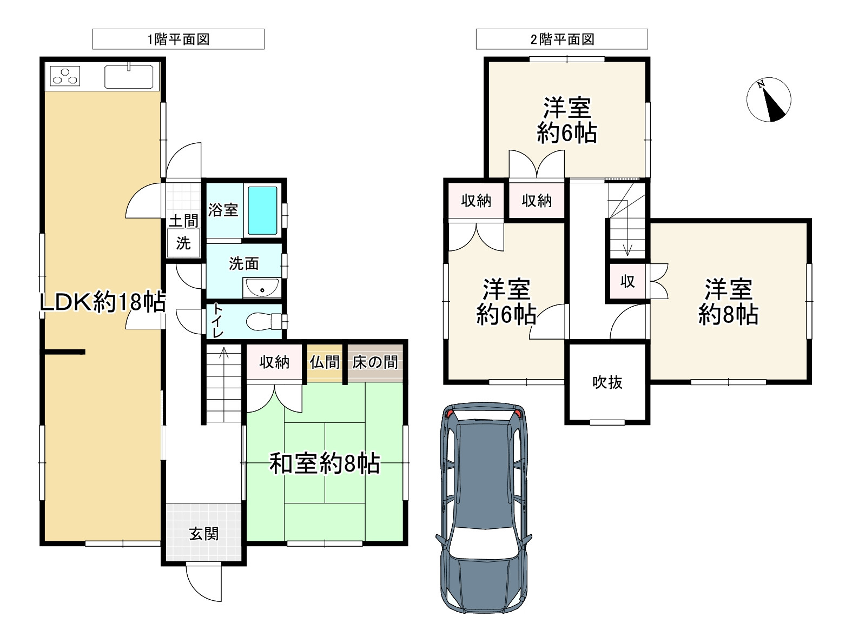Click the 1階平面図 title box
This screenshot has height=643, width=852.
coord(178,39)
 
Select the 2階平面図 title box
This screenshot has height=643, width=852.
coord(562,39)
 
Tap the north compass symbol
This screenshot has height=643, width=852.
coord(769,100)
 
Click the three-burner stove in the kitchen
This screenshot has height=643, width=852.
coord(65,76)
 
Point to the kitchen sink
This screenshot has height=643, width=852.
coord(129,76)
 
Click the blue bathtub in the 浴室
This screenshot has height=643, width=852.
coord(262,210)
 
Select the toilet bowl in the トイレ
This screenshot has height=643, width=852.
coord(265,321)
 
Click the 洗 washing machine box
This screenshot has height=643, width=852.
coord(183,243)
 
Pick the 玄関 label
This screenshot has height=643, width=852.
coord(204,534)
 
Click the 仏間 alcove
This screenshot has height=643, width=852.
coord(325,363)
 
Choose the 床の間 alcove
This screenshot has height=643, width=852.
coord(375,363)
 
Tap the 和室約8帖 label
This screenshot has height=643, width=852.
coord(325,463)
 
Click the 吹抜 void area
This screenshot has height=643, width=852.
coord(607,382)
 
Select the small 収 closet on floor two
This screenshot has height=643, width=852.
coord(628,281)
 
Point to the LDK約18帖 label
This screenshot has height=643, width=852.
coord(103,302)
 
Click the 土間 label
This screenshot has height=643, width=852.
coord(183,221)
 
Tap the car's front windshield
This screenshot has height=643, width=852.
coord(483,543)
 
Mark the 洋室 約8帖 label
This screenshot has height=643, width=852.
coord(728,302)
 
